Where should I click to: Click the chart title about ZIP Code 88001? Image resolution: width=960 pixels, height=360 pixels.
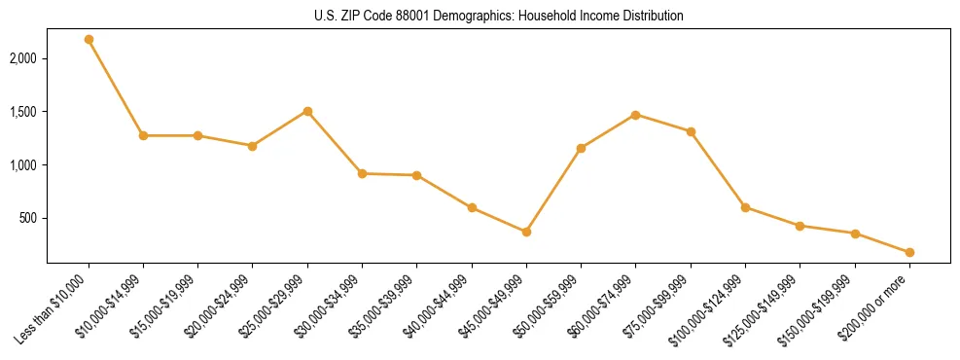point(480,16)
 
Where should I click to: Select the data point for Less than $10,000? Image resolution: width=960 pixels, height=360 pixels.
point(89,40)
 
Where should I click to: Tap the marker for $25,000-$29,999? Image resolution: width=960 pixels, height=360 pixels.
point(307,111)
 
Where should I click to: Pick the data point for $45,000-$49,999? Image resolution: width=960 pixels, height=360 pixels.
point(526,232)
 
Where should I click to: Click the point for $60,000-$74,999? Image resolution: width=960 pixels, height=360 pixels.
point(635,115)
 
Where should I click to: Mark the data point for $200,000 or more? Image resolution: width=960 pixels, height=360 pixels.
point(909,252)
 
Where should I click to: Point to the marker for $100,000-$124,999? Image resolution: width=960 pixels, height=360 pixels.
point(745,207)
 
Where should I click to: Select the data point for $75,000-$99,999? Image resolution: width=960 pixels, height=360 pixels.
point(691,131)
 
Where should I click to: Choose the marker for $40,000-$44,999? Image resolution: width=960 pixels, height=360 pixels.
point(472,207)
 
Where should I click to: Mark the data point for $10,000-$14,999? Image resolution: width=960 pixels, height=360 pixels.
point(143,135)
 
